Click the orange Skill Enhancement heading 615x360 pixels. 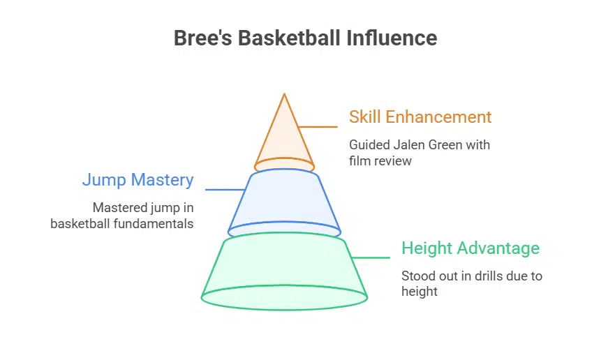(420, 117)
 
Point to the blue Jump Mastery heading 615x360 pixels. (138, 179)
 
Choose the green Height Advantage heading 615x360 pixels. (470, 248)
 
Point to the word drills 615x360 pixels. (482, 276)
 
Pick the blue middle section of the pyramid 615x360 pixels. (284, 199)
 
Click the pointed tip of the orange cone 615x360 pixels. (284, 96)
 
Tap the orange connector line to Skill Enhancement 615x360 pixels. (318, 127)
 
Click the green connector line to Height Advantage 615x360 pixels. (370, 257)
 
